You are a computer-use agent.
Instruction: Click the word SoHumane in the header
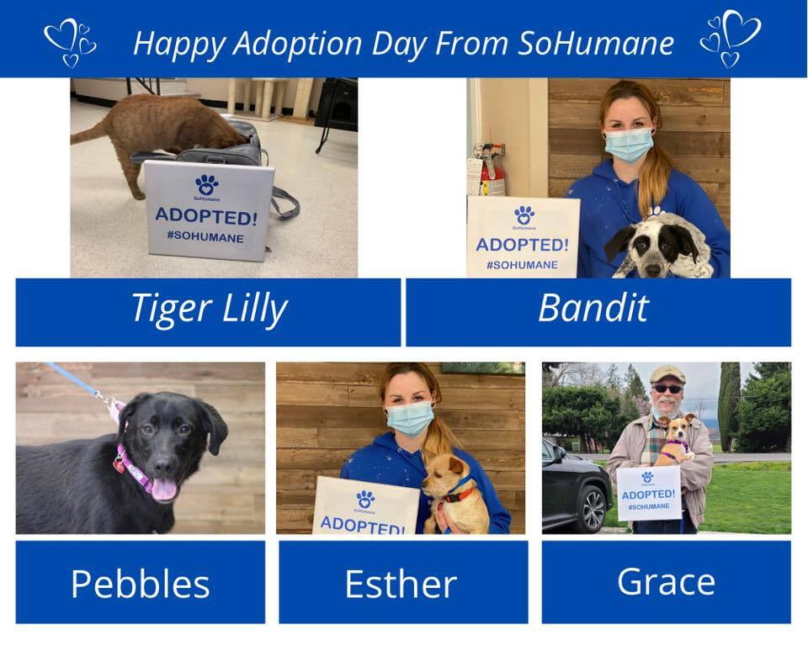pos(596,43)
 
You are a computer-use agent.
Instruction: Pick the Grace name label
pos(667,582)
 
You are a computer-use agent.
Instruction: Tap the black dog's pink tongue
pos(164,489)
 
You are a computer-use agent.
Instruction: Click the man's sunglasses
pos(667,389)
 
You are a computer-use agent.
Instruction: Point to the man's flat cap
pos(667,373)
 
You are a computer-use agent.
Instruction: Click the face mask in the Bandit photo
pos(628,146)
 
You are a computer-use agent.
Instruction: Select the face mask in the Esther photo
pos(410,418)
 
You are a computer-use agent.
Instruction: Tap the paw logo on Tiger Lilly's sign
pos(207,185)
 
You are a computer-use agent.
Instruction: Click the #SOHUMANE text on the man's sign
pos(649,506)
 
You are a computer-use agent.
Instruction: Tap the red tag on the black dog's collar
pos(120,466)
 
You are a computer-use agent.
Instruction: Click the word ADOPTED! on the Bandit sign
pos(522,245)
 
